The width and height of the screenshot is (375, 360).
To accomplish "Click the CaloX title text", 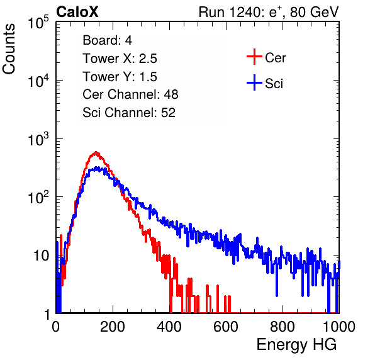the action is [77, 12].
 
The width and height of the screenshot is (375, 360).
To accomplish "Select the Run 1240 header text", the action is [269, 12].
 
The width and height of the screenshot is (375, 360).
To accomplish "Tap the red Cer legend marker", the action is [254, 57].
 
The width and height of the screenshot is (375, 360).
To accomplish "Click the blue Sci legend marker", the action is [254, 82].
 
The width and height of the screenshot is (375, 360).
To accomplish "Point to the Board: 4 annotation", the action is [108, 40].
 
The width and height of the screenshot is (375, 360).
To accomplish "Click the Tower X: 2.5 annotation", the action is [120, 59].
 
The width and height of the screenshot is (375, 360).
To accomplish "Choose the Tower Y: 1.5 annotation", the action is [120, 77].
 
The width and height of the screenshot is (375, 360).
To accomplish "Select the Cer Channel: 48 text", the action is [130, 94].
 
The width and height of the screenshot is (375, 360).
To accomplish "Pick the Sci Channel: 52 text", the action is [129, 113].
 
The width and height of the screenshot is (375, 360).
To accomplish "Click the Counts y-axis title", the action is [9, 49].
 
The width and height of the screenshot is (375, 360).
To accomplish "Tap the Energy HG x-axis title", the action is [296, 345].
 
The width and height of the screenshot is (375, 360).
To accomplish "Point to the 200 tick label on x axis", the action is [113, 327].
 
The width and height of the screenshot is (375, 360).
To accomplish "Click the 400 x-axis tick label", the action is [169, 327].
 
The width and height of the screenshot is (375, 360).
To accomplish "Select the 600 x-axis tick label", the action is [226, 327].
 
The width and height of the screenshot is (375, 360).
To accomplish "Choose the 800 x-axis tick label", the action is [283, 327].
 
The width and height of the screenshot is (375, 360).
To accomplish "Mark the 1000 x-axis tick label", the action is [339, 327].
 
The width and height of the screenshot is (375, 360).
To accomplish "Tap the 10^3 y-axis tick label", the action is [38, 139].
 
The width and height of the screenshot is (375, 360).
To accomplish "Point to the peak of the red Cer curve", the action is [96, 152].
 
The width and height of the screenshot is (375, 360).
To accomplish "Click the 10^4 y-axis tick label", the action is [38, 81].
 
